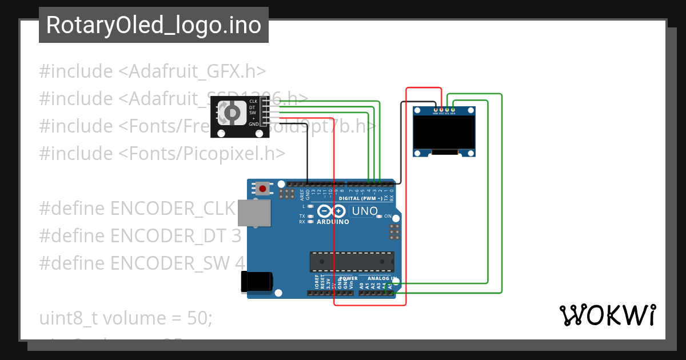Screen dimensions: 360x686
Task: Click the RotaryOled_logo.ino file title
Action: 153,25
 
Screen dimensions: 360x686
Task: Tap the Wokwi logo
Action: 607,315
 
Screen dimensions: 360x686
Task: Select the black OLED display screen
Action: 445,133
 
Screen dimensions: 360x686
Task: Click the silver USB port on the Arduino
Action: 254,213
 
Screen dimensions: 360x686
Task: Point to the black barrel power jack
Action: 256,282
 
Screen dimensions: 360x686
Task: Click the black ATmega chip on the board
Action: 352,261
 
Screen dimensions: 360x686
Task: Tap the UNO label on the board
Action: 364,211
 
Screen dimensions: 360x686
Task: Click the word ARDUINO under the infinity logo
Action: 333,222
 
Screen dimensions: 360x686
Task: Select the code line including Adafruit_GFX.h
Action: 153,71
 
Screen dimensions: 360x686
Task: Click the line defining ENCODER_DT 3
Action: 140,235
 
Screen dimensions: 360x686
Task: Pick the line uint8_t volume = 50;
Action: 126,318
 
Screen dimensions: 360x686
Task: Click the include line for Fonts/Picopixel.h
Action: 162,153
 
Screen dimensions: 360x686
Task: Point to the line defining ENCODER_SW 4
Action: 142,263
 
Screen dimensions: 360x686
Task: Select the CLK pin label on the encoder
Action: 253,101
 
